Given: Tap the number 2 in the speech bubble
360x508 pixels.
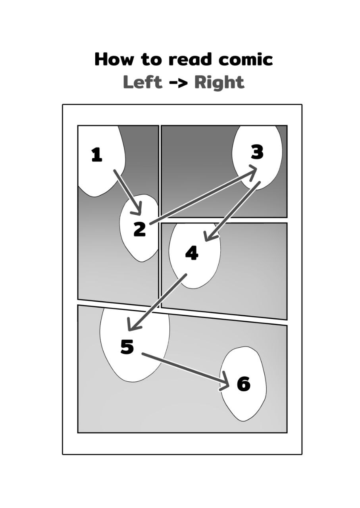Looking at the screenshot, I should tap(139, 229).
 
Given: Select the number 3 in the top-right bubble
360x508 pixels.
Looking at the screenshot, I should tap(257, 152).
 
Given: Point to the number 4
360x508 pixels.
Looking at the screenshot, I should tap(192, 253).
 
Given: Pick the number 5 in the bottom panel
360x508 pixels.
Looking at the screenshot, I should tap(127, 346).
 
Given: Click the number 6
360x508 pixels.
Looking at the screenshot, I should tap(244, 384).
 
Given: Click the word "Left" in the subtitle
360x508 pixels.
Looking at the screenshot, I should tap(142, 83).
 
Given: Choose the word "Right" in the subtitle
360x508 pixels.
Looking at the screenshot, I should tap(219, 83).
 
